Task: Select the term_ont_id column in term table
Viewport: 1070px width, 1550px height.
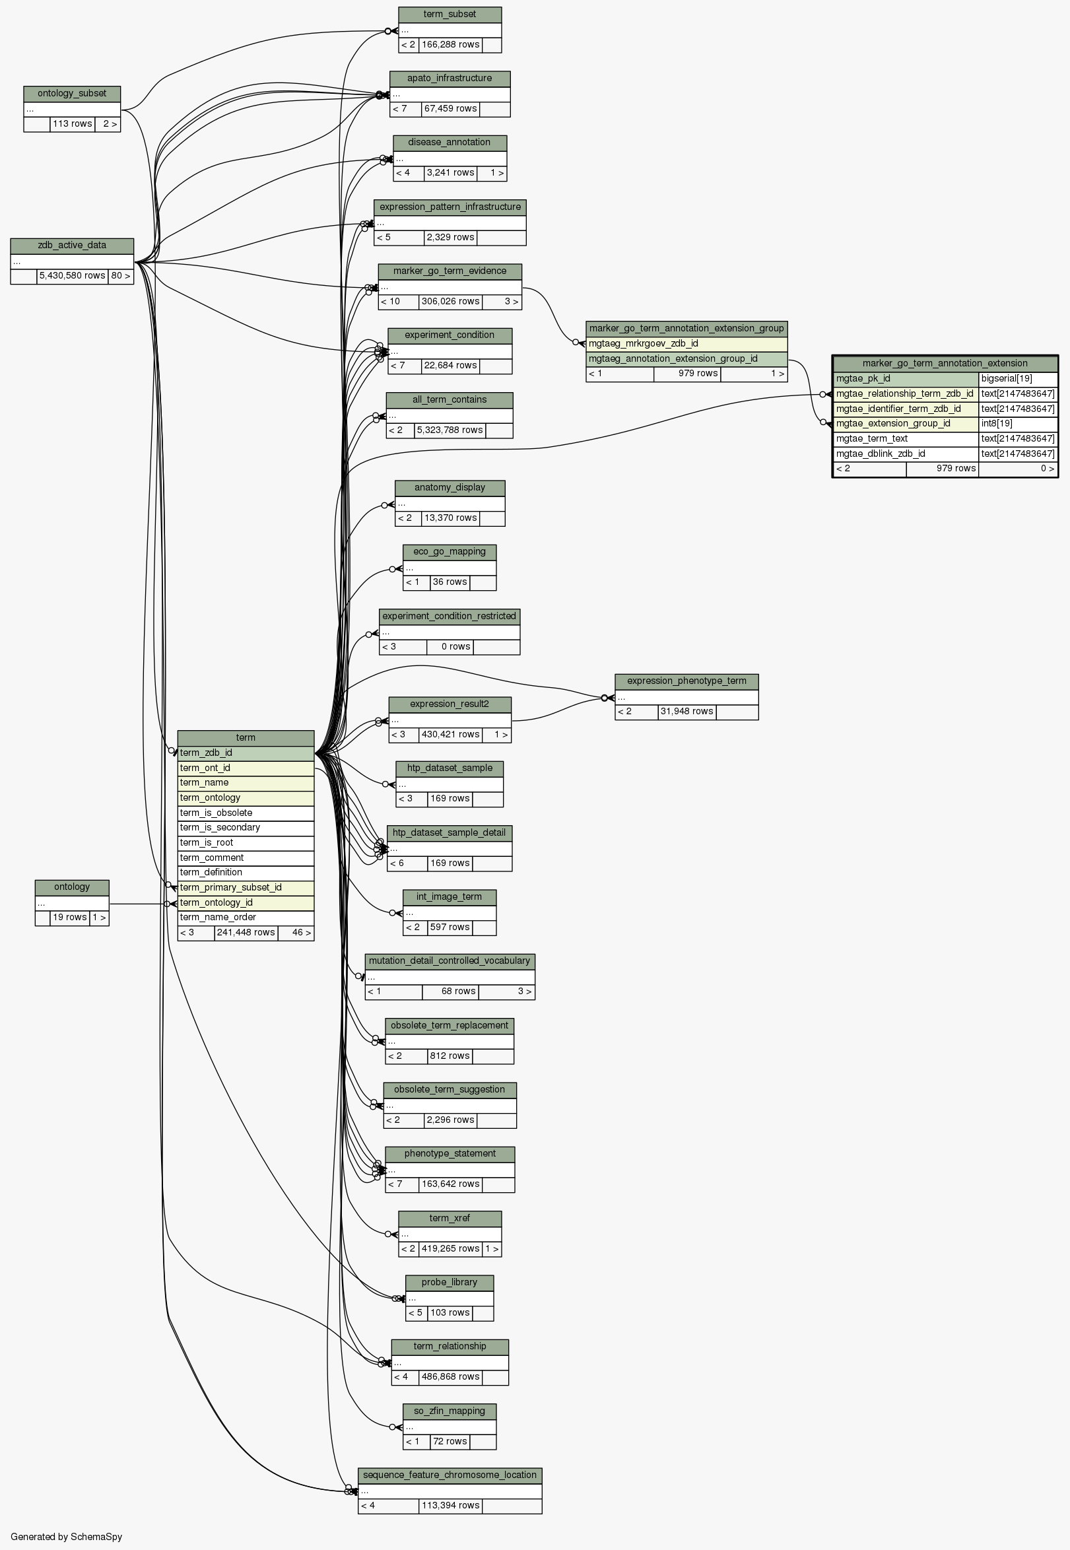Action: (246, 768)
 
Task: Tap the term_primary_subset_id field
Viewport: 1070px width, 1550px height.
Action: (246, 888)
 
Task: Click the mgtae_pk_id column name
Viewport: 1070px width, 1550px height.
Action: (905, 379)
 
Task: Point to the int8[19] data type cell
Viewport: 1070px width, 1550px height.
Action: (1018, 424)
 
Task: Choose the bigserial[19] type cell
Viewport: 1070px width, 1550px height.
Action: (1018, 379)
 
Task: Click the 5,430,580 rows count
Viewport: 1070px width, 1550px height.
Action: (73, 275)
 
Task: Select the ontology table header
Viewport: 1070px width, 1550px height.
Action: (72, 887)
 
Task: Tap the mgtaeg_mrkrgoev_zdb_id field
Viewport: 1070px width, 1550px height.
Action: (686, 344)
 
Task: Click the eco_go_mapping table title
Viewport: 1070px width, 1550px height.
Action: (449, 552)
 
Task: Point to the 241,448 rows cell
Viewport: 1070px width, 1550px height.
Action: (246, 933)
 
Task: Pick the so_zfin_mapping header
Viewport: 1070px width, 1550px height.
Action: (449, 1411)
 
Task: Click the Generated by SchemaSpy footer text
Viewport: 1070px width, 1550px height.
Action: (67, 1537)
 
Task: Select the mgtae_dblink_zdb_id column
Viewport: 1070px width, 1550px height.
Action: (905, 454)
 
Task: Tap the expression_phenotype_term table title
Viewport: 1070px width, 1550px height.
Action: (686, 681)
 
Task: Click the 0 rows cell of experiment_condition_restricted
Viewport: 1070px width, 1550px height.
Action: (449, 647)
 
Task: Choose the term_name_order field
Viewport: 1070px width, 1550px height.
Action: (246, 917)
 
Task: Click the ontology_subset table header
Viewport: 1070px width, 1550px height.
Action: (72, 94)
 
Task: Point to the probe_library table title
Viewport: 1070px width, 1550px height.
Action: (449, 1283)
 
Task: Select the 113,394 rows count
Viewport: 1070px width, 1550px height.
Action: (450, 1506)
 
